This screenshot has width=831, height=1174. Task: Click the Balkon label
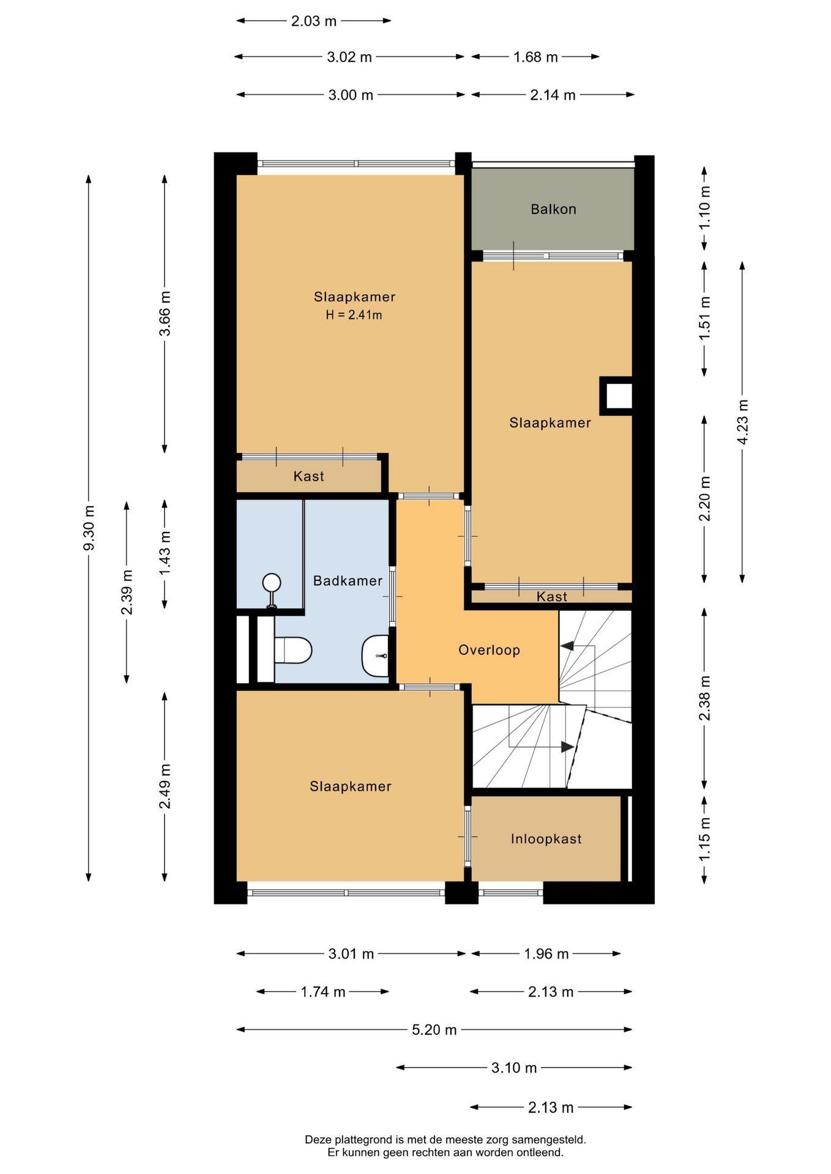[553, 209]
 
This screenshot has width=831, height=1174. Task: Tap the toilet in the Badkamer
[293, 650]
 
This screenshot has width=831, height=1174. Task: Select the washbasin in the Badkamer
[375, 655]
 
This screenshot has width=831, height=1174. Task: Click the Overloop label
[489, 650]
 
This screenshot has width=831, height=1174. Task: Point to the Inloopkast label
[546, 839]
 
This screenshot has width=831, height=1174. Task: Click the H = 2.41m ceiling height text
[354, 316]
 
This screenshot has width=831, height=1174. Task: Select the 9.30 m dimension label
[89, 528]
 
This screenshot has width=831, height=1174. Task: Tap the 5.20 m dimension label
[434, 1030]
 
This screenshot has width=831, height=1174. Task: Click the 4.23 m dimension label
[742, 423]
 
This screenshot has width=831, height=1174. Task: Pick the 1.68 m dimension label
[535, 57]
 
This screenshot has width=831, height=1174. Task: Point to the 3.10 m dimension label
[514, 1068]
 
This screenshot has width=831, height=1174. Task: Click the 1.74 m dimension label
[322, 992]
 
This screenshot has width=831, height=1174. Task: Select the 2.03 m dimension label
[313, 21]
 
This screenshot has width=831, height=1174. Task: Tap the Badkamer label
[348, 581]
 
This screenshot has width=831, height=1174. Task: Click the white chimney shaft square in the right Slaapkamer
[616, 396]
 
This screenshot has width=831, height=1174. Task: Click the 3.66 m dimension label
[165, 313]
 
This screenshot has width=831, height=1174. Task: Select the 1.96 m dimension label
[546, 954]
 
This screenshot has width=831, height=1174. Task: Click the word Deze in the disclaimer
[318, 1140]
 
